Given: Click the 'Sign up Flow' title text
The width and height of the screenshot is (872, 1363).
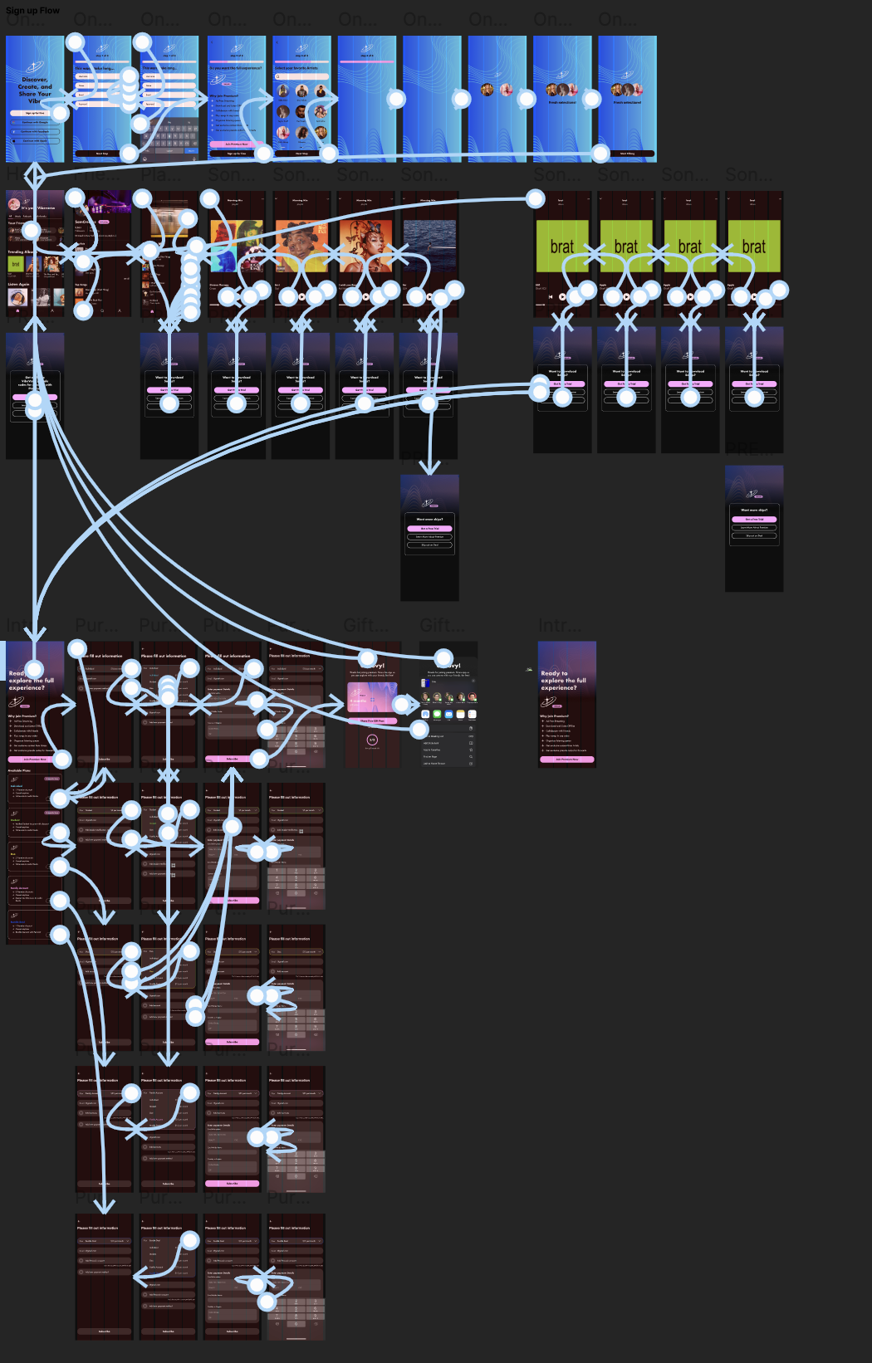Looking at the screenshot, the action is click(x=32, y=10).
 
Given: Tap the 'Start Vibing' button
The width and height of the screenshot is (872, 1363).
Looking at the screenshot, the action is click(x=627, y=154).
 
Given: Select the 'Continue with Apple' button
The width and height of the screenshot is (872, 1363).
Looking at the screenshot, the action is click(x=35, y=140).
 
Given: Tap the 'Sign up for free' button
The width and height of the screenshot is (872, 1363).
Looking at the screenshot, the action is click(x=35, y=113).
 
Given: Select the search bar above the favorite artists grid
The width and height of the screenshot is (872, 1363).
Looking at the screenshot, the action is click(x=301, y=77).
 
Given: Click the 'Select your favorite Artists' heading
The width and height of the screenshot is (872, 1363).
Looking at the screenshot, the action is click(x=296, y=68).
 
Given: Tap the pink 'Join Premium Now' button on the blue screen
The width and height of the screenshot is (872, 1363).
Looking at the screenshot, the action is click(x=236, y=144).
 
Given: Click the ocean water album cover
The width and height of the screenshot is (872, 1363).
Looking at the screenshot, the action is click(x=429, y=246).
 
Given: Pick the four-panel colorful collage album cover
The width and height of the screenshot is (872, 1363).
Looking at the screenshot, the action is click(x=236, y=247).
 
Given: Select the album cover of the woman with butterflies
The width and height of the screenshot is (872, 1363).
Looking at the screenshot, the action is click(x=365, y=247).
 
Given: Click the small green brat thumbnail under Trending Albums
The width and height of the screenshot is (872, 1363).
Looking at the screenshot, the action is click(x=15, y=264).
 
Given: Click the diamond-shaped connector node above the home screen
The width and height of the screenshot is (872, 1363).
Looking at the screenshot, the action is click(x=35, y=175).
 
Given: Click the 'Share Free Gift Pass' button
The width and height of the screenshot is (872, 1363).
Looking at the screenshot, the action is click(x=372, y=721).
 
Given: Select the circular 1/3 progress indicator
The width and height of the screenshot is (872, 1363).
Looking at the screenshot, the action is click(x=372, y=740).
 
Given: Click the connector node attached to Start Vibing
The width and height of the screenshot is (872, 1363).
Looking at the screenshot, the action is click(x=600, y=153).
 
